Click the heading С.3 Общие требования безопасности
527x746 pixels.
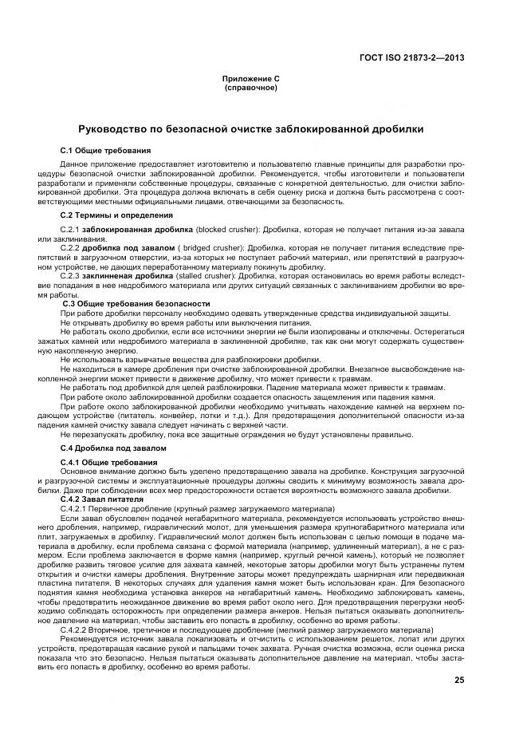click(136, 303)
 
